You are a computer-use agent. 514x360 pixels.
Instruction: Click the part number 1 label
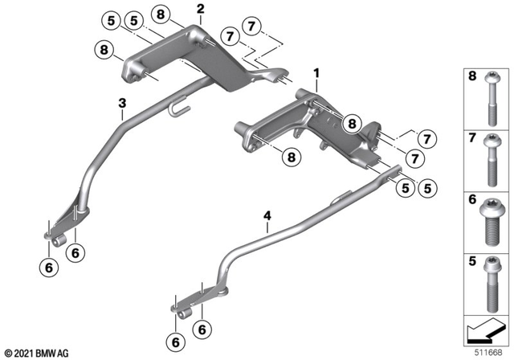(x=317, y=73)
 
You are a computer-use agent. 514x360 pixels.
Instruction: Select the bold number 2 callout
(x=200, y=9)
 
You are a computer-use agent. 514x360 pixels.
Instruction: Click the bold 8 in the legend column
(x=472, y=77)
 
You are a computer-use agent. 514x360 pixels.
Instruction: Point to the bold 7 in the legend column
(x=472, y=140)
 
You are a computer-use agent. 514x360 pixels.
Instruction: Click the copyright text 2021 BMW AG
(x=36, y=352)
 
